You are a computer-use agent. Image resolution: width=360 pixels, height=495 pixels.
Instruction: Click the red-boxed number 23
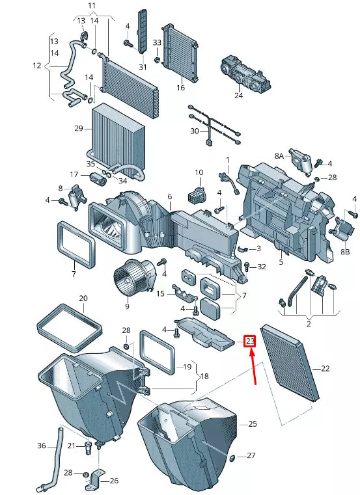[x=250, y=341]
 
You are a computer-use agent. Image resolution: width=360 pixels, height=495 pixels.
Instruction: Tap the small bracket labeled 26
[x=95, y=480]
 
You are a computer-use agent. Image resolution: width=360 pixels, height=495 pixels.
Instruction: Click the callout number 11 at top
[x=91, y=6]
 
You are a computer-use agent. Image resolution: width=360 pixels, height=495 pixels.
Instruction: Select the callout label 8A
[x=279, y=156]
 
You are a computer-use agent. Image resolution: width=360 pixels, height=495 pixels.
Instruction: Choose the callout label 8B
[x=345, y=252]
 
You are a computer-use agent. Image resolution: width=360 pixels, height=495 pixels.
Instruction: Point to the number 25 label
[x=253, y=424]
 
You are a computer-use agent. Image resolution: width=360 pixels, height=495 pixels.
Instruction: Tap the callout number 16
[x=180, y=88]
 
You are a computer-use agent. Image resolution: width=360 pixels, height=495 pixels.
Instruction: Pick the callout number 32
[x=262, y=267]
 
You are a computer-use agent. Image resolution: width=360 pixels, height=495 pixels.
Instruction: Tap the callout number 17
[x=74, y=174]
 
